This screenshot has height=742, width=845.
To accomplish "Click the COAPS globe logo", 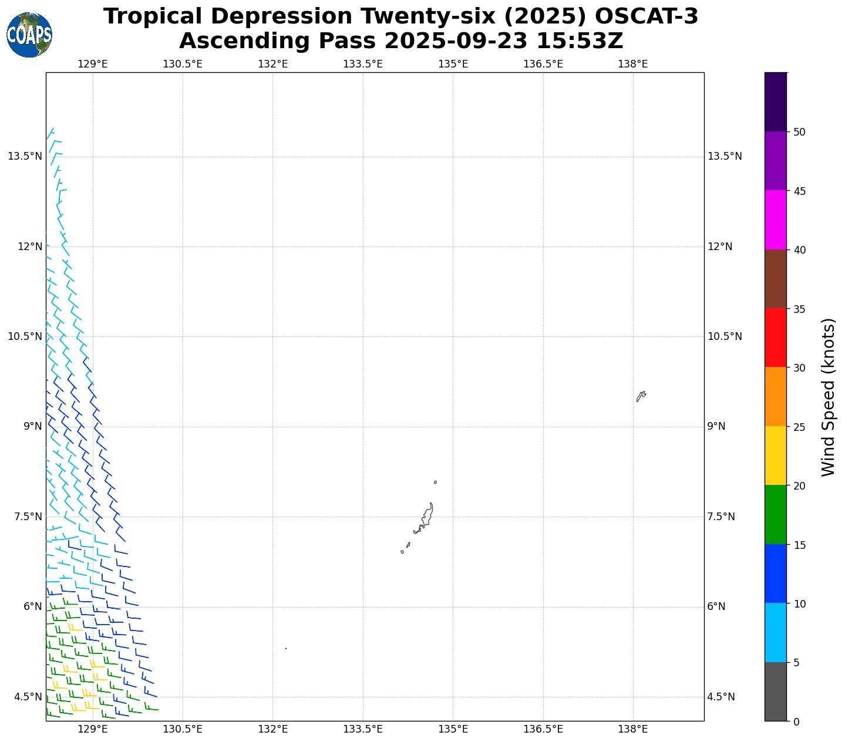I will tap(29, 35).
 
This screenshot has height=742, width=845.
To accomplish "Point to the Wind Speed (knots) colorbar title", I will tap(828, 397).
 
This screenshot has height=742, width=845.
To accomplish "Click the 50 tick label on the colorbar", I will tap(799, 132).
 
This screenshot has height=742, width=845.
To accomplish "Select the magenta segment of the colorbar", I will tap(775, 220).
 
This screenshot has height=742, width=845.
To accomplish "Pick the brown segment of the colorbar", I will tap(775, 279).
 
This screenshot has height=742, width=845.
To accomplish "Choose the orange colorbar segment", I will tap(775, 396).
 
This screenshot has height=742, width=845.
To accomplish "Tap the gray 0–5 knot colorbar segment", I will tap(775, 692).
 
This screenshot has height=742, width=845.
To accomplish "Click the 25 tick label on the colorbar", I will tap(799, 427).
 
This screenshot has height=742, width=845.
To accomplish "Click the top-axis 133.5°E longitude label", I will tap(362, 64).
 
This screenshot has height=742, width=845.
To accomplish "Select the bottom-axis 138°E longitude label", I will tap(632, 730).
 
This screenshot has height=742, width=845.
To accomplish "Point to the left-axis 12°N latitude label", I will tap(30, 247).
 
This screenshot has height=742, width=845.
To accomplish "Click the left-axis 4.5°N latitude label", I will tap(28, 697).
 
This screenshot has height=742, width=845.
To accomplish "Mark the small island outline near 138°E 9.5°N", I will tap(641, 396).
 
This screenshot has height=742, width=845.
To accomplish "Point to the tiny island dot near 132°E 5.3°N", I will tap(285, 649).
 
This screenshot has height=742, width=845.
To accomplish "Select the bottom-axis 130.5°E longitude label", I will tap(183, 730).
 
